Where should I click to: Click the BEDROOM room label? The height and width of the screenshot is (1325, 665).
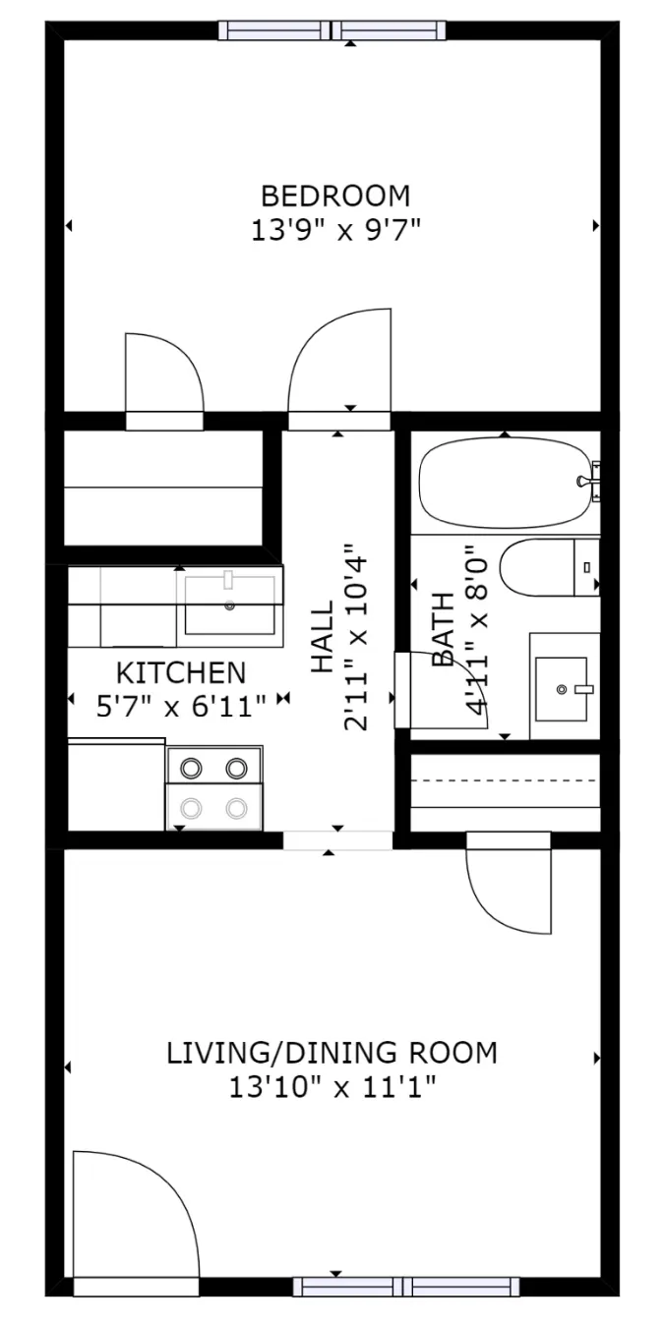(335, 196)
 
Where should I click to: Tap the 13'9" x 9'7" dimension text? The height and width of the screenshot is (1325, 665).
(335, 230)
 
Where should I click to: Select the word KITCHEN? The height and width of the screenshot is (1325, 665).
(181, 672)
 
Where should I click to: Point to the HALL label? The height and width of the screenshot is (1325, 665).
(322, 637)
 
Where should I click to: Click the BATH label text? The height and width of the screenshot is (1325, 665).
(443, 629)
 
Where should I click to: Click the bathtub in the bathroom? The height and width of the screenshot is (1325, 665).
(505, 483)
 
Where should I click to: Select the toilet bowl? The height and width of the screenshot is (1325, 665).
(537, 567)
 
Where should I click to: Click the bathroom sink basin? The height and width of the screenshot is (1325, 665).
(561, 688)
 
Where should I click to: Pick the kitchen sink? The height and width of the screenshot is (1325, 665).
(230, 605)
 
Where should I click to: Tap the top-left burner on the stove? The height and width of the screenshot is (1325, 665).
(191, 769)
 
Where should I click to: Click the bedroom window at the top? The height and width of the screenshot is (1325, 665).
(332, 30)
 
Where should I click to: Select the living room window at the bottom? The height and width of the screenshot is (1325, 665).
(406, 1297)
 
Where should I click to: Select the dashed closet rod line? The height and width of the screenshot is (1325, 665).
(505, 780)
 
